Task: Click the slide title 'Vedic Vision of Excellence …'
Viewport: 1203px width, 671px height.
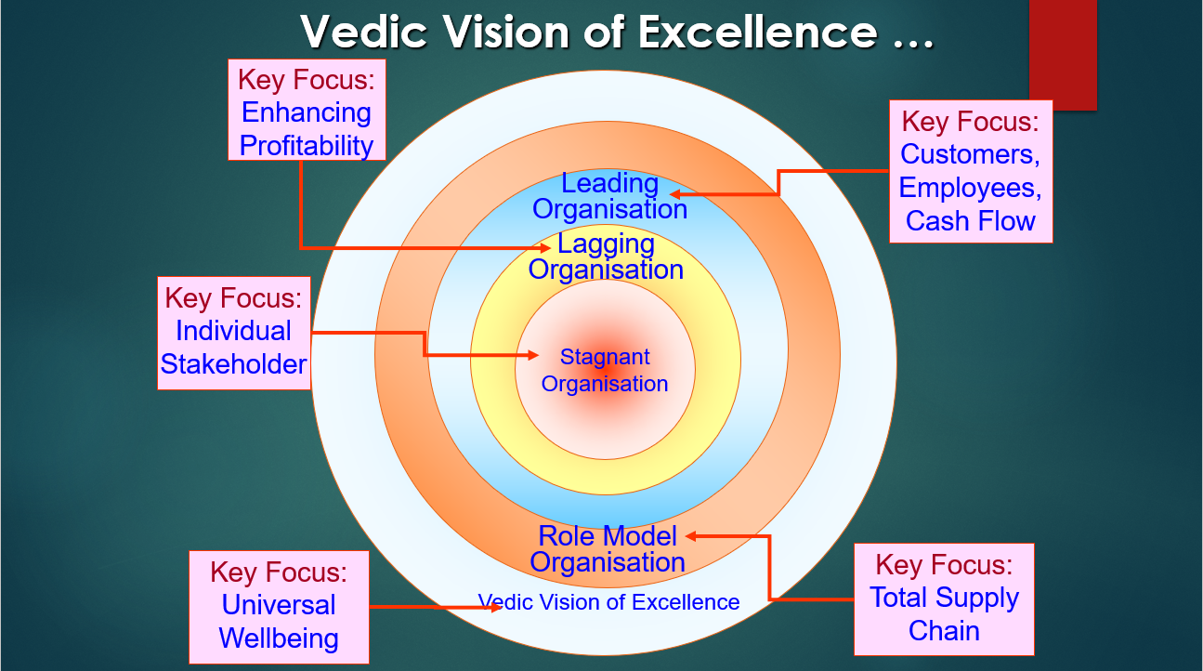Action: (617, 33)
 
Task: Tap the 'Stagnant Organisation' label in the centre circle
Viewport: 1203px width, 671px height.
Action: (605, 370)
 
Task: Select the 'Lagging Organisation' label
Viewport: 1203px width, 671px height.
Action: (606, 257)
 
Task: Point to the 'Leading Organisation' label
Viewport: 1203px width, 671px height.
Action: (609, 196)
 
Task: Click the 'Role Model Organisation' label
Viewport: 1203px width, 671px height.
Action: (608, 549)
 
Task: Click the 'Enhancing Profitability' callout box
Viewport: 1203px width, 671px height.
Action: (306, 112)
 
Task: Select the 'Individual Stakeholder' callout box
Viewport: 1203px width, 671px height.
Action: (233, 332)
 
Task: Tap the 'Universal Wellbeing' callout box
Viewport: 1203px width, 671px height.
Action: (279, 606)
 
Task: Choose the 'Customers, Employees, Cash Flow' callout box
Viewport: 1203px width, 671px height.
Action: (971, 171)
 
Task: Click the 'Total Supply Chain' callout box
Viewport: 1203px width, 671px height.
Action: (944, 599)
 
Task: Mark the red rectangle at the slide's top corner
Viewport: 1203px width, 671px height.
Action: (1063, 54)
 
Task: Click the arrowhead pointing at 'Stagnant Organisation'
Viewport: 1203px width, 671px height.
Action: (533, 355)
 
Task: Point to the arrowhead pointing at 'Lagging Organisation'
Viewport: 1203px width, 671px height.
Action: (546, 248)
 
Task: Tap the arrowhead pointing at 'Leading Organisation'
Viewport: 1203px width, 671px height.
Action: (676, 194)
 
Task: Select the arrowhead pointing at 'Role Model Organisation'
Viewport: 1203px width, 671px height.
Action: (691, 535)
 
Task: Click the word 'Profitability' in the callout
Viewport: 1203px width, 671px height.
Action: (306, 146)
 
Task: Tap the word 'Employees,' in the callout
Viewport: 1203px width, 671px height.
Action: (971, 188)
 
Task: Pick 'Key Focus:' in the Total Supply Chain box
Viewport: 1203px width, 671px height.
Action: (944, 565)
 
